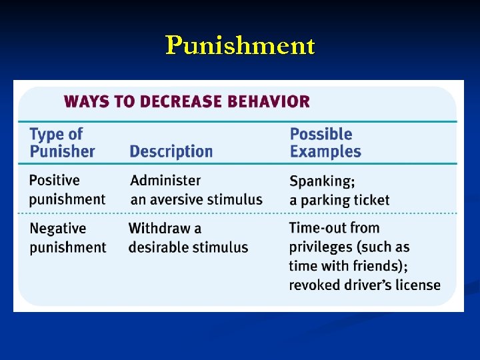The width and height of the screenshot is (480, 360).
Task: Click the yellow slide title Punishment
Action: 240,45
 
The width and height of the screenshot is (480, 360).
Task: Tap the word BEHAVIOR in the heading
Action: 269,102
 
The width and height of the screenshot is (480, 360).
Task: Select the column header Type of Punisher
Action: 62,143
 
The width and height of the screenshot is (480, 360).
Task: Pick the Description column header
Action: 171,151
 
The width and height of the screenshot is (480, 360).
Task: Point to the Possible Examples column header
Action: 325,143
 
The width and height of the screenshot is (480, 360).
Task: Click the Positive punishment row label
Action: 67,189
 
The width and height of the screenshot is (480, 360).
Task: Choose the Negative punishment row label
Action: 67,238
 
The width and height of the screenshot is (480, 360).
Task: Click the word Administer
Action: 165,180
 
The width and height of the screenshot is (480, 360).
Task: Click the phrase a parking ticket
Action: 339,200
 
